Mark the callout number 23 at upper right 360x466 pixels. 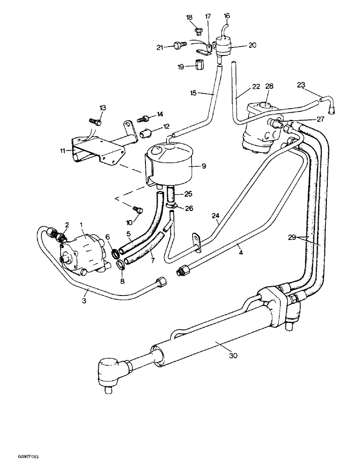click(301, 84)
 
